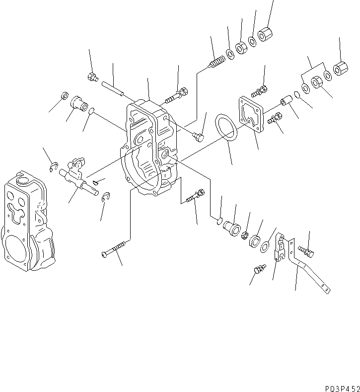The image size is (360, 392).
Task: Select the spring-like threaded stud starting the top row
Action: coord(216,64)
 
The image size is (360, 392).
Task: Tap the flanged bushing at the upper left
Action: coord(78,103)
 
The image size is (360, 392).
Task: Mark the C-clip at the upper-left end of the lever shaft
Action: coord(54,167)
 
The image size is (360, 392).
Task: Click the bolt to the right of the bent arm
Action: coord(306,251)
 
